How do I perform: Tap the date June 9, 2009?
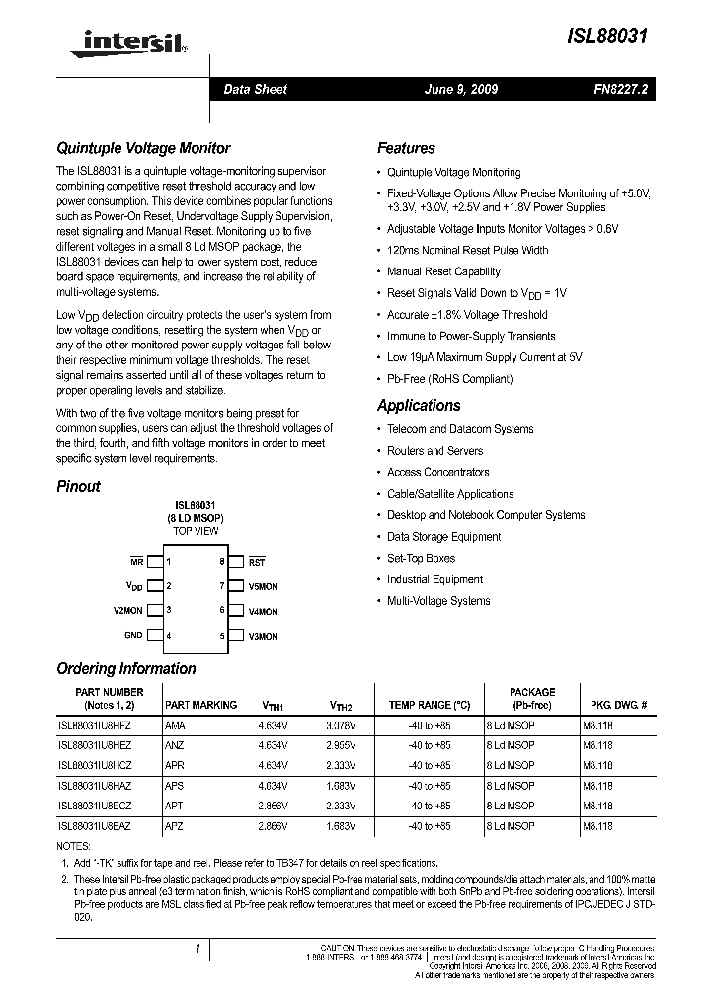tap(460, 89)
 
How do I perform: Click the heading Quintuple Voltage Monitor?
tap(143, 148)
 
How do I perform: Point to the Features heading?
tap(406, 148)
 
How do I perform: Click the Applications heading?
tap(419, 405)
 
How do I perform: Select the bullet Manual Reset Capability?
tap(443, 271)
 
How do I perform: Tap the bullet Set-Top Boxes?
tap(421, 558)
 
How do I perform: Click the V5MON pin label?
tap(263, 586)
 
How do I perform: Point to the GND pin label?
tap(133, 636)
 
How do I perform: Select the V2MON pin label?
tap(127, 611)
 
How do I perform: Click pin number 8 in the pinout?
tap(222, 562)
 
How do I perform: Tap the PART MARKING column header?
tap(200, 705)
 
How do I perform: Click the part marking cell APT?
tap(175, 806)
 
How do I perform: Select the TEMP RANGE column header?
tap(429, 705)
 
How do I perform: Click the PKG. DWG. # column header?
tap(618, 705)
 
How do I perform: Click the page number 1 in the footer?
tap(198, 949)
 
